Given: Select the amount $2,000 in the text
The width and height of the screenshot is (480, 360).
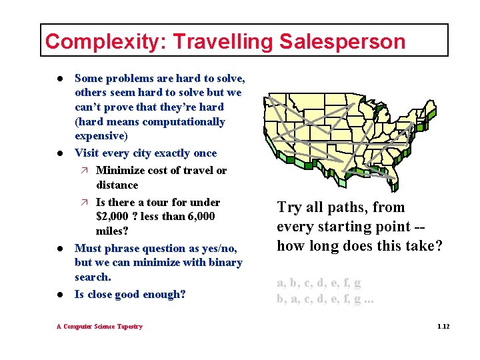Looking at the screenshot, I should tap(115, 217).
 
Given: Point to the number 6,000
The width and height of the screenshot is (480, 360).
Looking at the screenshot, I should tap(200, 217).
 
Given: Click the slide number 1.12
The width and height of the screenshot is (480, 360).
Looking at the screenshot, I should tap(443, 327).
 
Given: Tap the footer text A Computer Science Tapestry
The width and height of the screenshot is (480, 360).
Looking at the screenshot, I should tap(99, 327).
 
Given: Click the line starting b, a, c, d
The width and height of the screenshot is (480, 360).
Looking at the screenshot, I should tap(325, 299).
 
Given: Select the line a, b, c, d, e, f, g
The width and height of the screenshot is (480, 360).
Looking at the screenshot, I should tap(319, 283).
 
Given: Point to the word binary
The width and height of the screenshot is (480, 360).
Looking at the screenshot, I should tap(224, 262).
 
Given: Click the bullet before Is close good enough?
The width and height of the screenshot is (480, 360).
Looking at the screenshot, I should tap(60, 295).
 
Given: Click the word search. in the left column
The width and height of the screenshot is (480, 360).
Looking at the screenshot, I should tap(93, 277).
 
